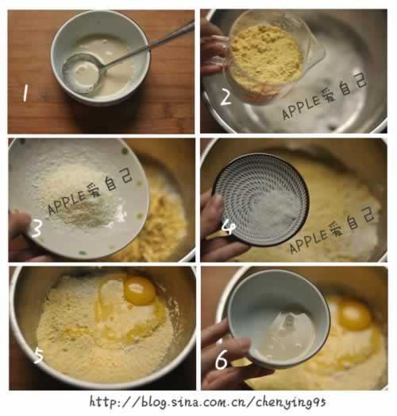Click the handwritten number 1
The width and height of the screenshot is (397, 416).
click(25, 93)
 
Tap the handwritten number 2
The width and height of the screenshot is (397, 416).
click(226, 97)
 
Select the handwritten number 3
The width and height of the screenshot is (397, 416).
click(37, 228)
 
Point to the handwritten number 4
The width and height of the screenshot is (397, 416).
click(228, 228)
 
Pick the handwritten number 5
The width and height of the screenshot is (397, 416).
click(39, 356)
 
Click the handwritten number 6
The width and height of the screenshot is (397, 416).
click(222, 360)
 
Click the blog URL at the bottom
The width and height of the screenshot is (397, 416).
click(208, 402)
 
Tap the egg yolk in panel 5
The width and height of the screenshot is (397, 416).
click(140, 290)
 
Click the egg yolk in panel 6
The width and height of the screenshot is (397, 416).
click(355, 315)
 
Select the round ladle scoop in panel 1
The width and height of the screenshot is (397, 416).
click(83, 73)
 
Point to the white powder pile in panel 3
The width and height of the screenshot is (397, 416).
click(77, 196)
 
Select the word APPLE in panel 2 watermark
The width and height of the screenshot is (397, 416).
click(302, 107)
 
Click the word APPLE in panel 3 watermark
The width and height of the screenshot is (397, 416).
click(67, 203)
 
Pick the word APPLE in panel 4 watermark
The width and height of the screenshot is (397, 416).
click(309, 242)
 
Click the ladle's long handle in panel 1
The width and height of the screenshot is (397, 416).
click(148, 45)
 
